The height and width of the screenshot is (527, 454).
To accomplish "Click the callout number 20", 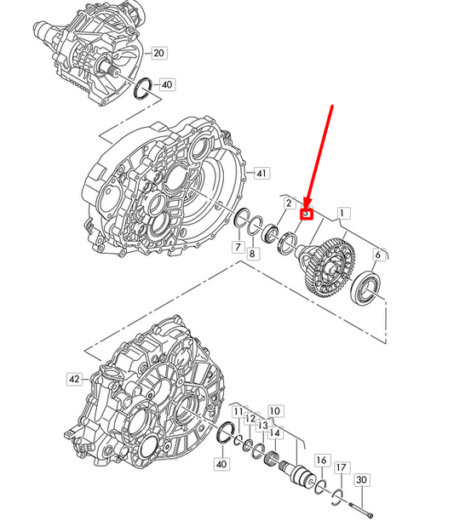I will click(158, 53).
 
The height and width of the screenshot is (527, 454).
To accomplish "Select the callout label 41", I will click(261, 174).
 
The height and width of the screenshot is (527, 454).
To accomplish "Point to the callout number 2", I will click(289, 203).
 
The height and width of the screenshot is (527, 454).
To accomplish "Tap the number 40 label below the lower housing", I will click(222, 464).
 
